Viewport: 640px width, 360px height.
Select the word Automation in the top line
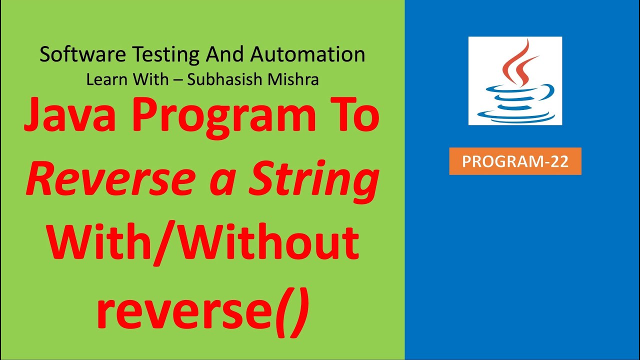click(307, 54)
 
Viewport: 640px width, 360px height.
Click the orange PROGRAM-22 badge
click(515, 161)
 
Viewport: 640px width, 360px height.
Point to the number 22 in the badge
click(558, 161)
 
